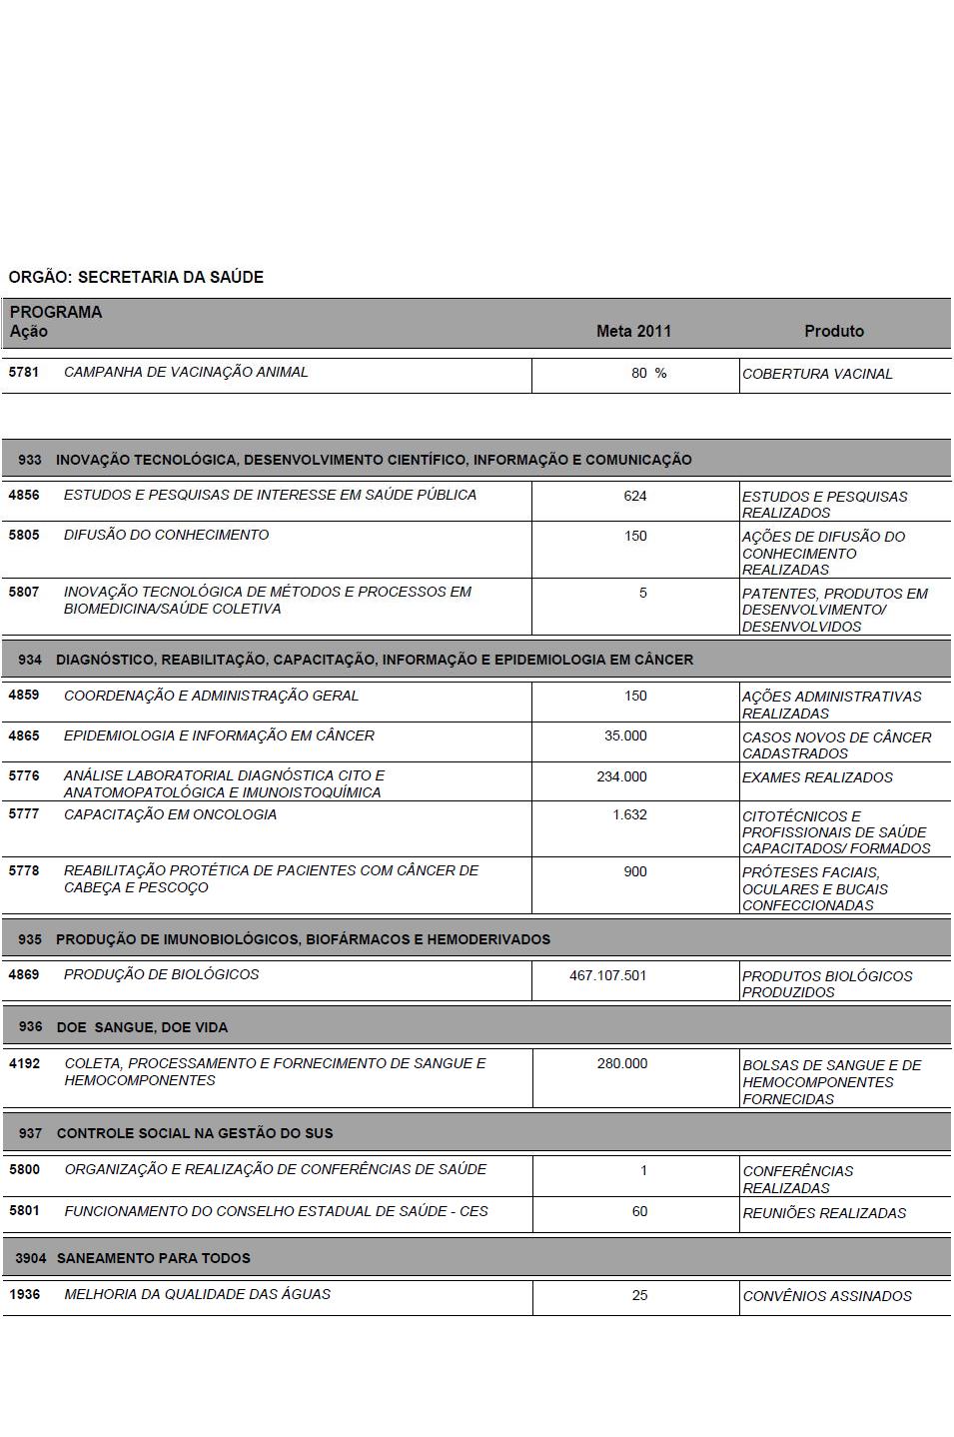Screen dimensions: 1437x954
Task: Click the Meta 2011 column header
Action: tap(633, 331)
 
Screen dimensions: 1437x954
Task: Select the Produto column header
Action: tap(834, 331)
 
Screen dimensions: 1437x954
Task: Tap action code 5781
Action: tap(24, 372)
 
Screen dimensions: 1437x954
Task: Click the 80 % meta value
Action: tap(648, 373)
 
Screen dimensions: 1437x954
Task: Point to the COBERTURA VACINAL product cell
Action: tap(817, 374)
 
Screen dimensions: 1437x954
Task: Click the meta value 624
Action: tap(635, 496)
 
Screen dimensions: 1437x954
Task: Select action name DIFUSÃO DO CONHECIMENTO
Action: tap(166, 535)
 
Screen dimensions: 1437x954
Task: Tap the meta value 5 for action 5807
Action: tap(642, 593)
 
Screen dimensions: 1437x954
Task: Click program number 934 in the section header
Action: tap(30, 660)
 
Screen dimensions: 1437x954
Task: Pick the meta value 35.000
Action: tap(625, 735)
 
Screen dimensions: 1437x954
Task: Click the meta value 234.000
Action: tap(621, 776)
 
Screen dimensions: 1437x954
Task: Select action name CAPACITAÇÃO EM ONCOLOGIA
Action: tap(170, 814)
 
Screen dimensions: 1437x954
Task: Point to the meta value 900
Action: tap(635, 871)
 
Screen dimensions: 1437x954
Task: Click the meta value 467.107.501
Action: tap(607, 975)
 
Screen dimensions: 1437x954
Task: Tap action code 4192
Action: tap(24, 1063)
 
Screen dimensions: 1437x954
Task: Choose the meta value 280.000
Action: tap(622, 1063)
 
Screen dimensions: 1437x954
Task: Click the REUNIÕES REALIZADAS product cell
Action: tap(824, 1213)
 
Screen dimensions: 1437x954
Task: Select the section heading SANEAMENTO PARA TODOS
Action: tap(153, 1258)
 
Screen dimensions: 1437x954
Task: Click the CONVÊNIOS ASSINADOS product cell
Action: tap(827, 1296)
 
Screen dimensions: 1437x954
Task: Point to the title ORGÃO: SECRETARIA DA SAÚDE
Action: tap(136, 277)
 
